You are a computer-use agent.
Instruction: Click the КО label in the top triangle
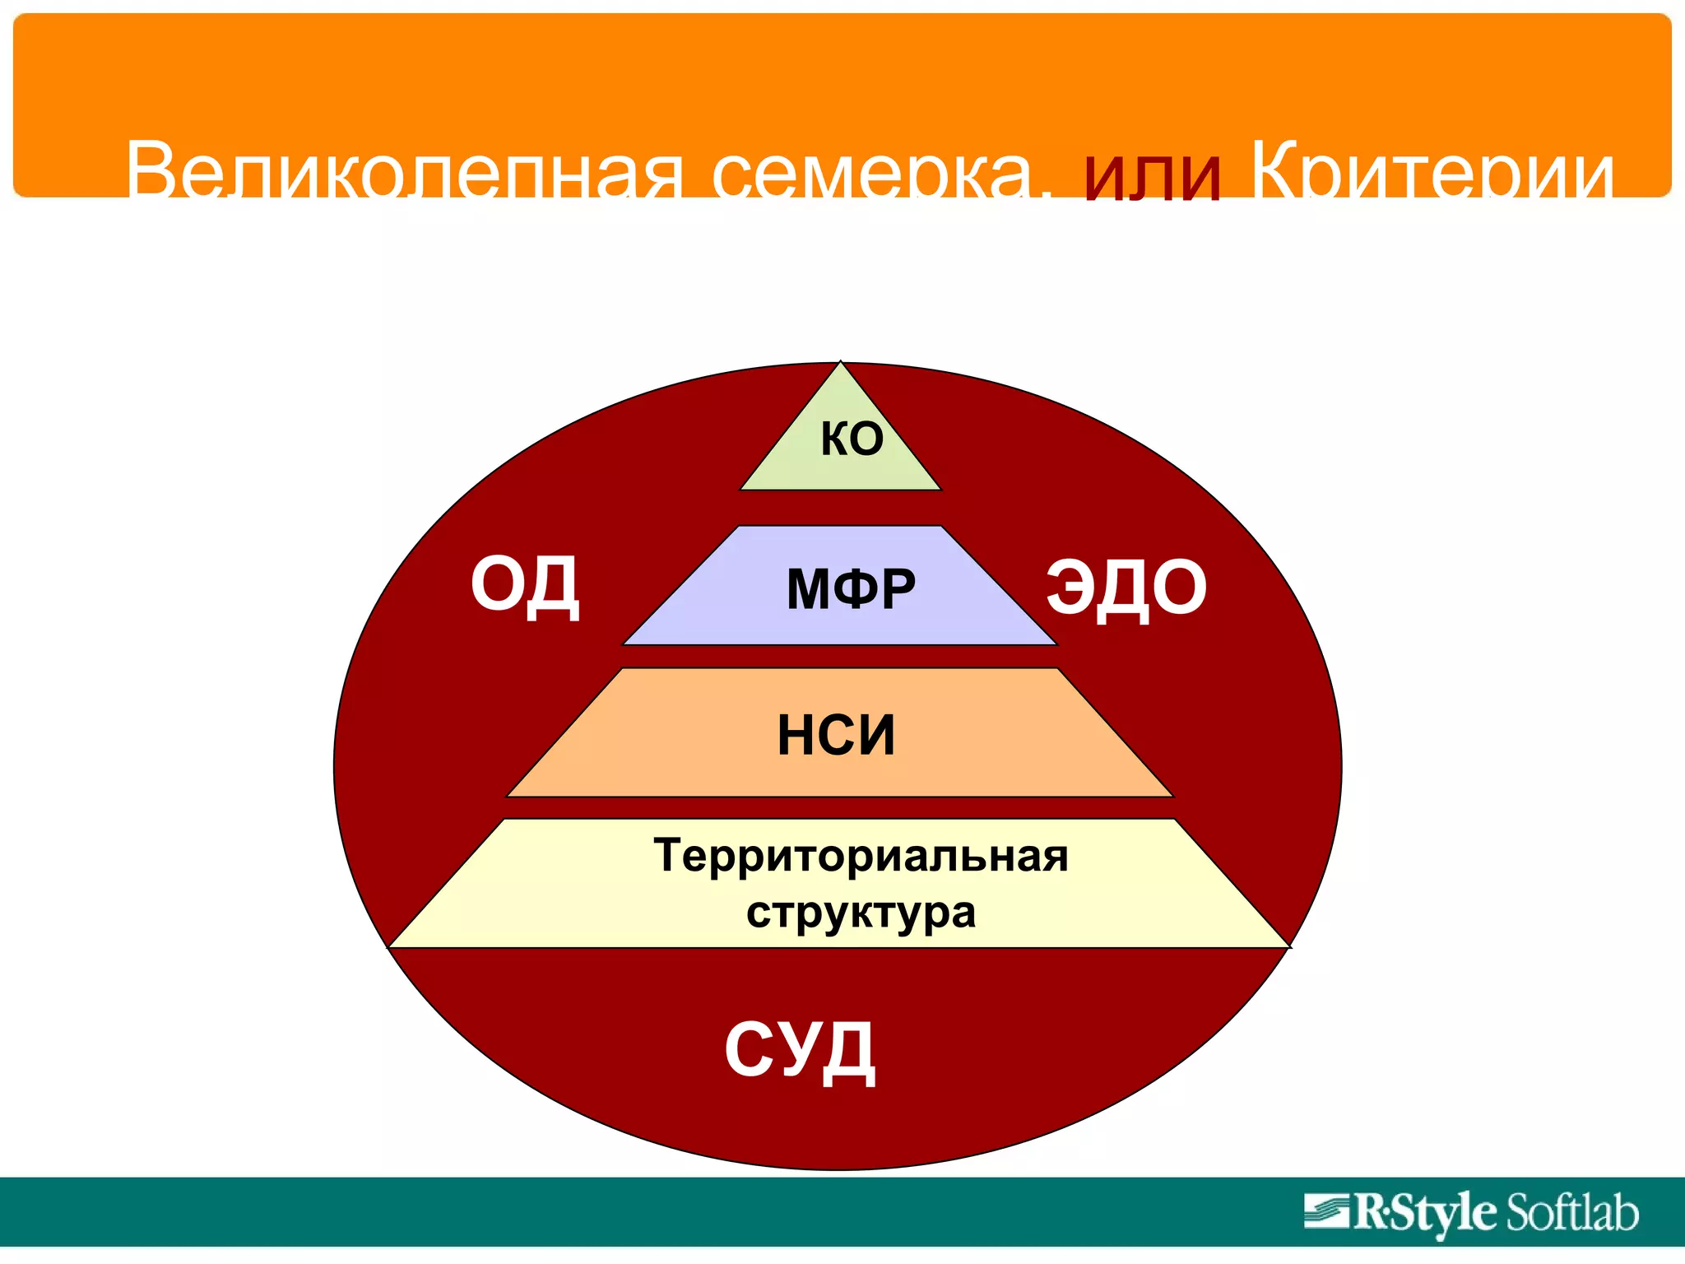pyautogui.click(x=852, y=439)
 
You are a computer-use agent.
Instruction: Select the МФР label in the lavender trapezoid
pyautogui.click(x=851, y=589)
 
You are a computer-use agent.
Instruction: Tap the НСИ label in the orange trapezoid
pyautogui.click(x=836, y=735)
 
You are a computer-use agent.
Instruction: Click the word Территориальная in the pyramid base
pyautogui.click(x=861, y=856)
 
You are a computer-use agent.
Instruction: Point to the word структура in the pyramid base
pyautogui.click(x=861, y=913)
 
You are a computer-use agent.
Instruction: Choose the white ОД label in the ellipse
pyautogui.click(x=525, y=585)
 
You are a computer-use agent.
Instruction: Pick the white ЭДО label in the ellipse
pyautogui.click(x=1126, y=588)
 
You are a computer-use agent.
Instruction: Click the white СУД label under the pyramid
pyautogui.click(x=800, y=1051)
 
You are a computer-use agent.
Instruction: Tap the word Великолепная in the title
pyautogui.click(x=403, y=171)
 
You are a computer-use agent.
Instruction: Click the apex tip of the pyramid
pyautogui.click(x=840, y=363)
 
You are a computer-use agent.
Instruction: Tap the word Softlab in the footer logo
pyautogui.click(x=1571, y=1213)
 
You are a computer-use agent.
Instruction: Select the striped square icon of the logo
pyautogui.click(x=1326, y=1211)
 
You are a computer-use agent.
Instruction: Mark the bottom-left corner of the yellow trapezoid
pyautogui.click(x=389, y=947)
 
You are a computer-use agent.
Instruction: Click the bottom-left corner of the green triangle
pyautogui.click(x=741, y=490)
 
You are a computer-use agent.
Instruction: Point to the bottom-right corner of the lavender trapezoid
pyautogui.click(x=1056, y=644)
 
